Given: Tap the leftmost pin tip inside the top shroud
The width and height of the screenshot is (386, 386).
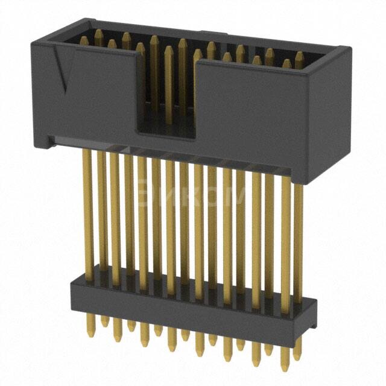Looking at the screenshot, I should pyautogui.click(x=84, y=40).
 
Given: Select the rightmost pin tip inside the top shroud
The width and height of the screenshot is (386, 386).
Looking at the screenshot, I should pyautogui.click(x=299, y=56).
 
